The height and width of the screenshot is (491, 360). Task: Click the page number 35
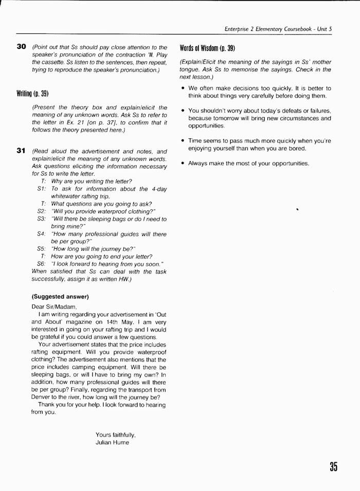pyautogui.click(x=333, y=466)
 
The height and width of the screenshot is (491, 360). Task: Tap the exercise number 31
pyautogui.click(x=21, y=151)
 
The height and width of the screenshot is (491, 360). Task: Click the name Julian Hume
pyautogui.click(x=113, y=442)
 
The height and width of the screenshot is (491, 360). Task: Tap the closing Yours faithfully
pyautogui.click(x=116, y=434)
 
